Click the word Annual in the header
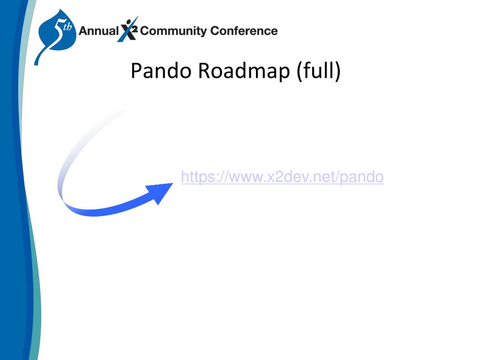(x=98, y=31)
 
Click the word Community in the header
(x=173, y=31)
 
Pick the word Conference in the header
(x=244, y=31)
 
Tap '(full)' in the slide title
(x=318, y=71)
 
